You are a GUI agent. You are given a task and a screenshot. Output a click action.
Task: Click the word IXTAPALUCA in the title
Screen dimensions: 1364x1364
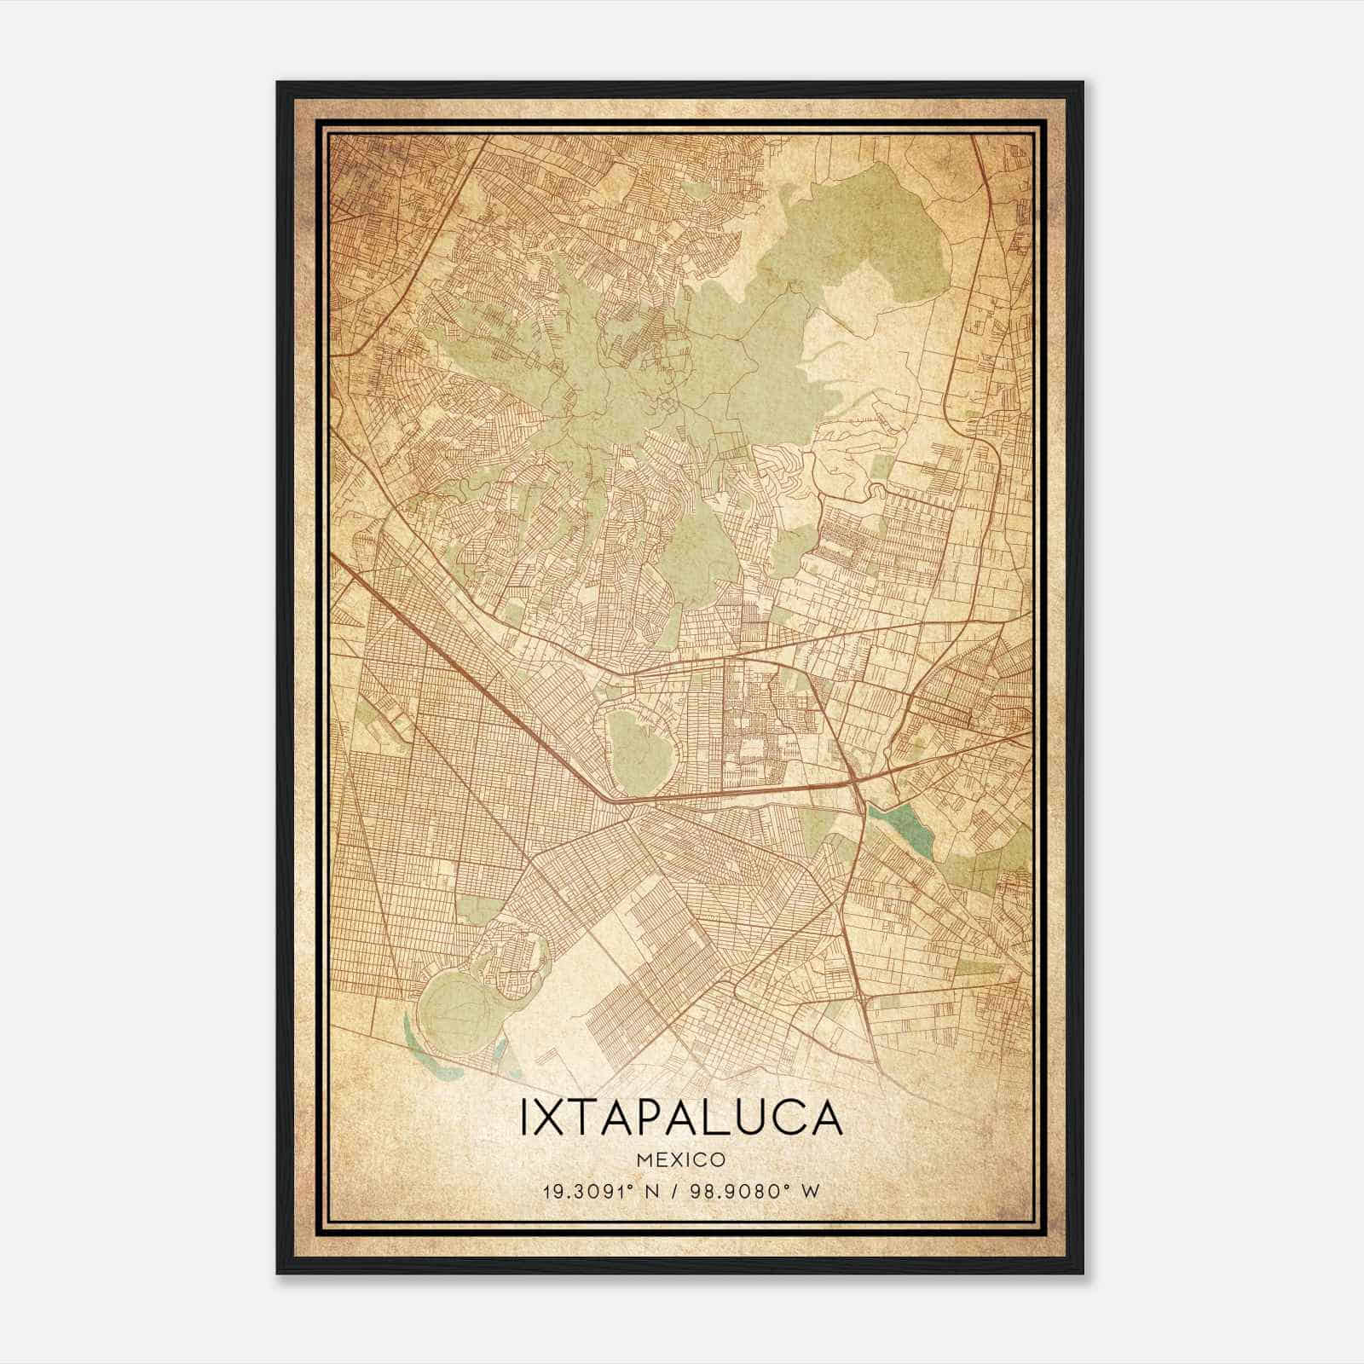681,1119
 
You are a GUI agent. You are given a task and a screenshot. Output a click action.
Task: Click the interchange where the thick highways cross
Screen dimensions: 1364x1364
854,777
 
